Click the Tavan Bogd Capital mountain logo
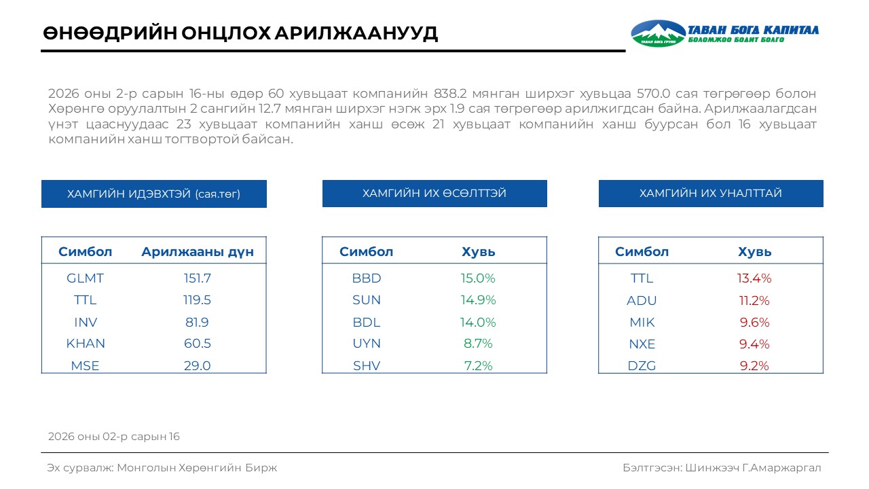[x=658, y=33]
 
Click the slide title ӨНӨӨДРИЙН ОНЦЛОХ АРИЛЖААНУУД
[x=240, y=33]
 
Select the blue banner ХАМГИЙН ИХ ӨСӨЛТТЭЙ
[x=434, y=194]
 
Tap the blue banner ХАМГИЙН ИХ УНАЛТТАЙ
[x=711, y=194]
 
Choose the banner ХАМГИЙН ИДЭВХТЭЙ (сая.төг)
[x=154, y=194]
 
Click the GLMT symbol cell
[x=85, y=278]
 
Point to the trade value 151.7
[x=198, y=278]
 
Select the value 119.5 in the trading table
[x=198, y=300]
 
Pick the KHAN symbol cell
[x=86, y=344]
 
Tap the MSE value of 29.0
[x=198, y=365]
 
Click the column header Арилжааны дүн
[x=198, y=252]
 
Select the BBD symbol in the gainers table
[x=367, y=278]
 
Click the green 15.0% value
[x=479, y=278]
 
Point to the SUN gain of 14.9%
[x=479, y=300]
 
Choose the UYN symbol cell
[x=367, y=344]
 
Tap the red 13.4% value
[x=754, y=278]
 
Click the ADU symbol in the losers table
[x=642, y=301]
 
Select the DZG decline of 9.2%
[x=754, y=366]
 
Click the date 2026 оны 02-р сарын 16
[x=114, y=437]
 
